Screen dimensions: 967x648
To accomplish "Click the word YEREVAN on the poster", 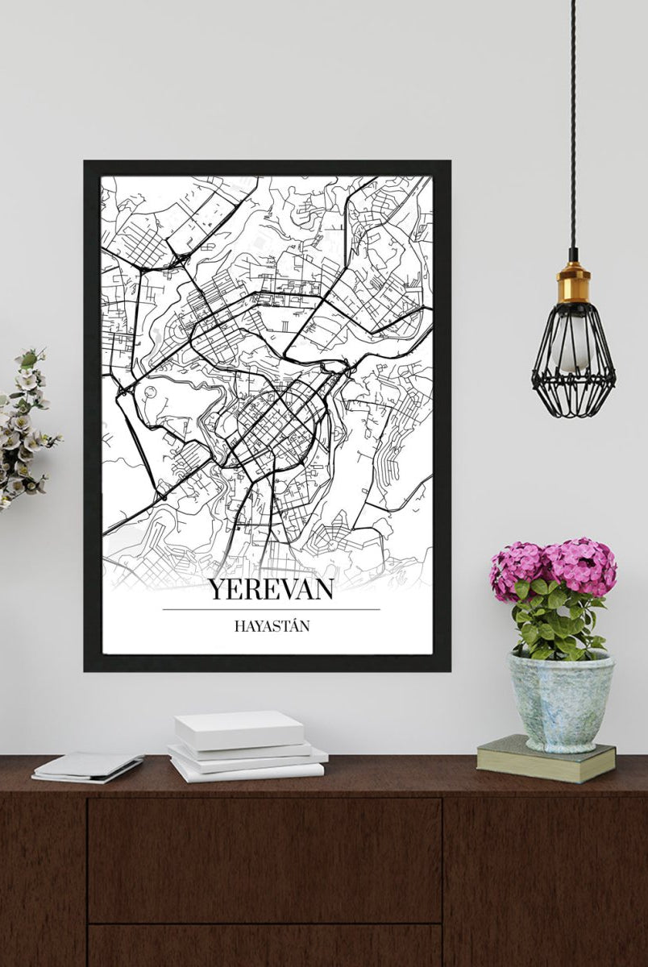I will (271, 589).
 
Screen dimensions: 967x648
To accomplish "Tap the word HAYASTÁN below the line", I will (271, 625).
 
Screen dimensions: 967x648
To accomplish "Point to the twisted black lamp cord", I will (573, 121).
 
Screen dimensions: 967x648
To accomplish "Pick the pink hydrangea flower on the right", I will (582, 564).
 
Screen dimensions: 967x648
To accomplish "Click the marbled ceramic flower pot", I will (560, 701).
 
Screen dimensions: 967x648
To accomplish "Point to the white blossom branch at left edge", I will (24, 427).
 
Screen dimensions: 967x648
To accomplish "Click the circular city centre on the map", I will (278, 423).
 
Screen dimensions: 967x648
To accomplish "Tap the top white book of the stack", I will (240, 729).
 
